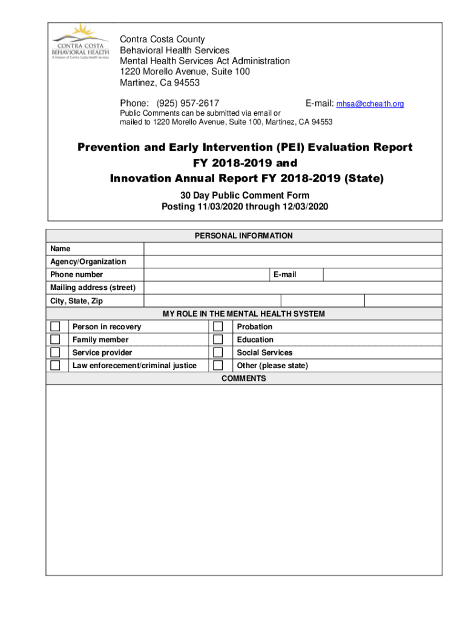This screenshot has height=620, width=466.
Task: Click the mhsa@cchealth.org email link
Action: [370, 104]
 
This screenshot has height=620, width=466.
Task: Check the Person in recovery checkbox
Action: [55, 327]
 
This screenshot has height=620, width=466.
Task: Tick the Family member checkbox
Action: [55, 340]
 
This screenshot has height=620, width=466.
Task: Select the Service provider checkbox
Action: [55, 352]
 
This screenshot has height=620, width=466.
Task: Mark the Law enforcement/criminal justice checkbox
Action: [55, 366]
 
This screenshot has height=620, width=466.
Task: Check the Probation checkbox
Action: [218, 327]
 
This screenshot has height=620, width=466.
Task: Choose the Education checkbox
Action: [218, 340]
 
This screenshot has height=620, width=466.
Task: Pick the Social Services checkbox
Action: [218, 352]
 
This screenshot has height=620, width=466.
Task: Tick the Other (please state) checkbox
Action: [218, 366]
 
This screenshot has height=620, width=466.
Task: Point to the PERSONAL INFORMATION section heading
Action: [243, 236]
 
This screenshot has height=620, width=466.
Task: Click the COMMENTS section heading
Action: [243, 378]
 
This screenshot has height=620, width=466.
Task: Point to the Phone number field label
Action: [77, 275]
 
